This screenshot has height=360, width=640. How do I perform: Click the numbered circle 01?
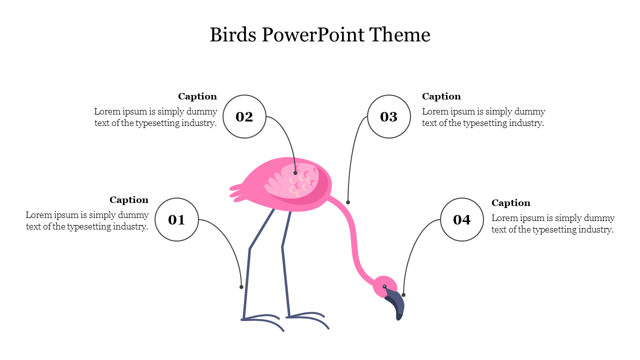(176, 219)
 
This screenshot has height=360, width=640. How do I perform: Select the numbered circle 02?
(244, 116)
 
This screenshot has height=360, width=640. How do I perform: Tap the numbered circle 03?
(389, 116)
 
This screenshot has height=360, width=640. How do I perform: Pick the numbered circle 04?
(462, 219)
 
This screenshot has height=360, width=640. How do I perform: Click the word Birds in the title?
(232, 35)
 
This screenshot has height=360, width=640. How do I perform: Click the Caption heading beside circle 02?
(197, 96)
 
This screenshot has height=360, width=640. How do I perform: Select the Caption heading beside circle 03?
(441, 96)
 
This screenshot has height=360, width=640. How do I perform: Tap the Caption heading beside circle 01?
(129, 200)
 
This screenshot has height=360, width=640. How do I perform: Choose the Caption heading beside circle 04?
(511, 203)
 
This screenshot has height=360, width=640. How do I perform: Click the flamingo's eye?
(384, 286)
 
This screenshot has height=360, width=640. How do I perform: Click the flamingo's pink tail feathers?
(239, 193)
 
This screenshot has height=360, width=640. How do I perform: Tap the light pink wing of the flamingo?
(292, 181)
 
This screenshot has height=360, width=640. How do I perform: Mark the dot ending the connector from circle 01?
(241, 287)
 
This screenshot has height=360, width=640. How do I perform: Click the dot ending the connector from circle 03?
(348, 202)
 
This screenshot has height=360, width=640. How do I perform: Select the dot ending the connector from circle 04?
(403, 295)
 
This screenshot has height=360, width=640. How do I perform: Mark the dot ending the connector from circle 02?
(295, 173)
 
